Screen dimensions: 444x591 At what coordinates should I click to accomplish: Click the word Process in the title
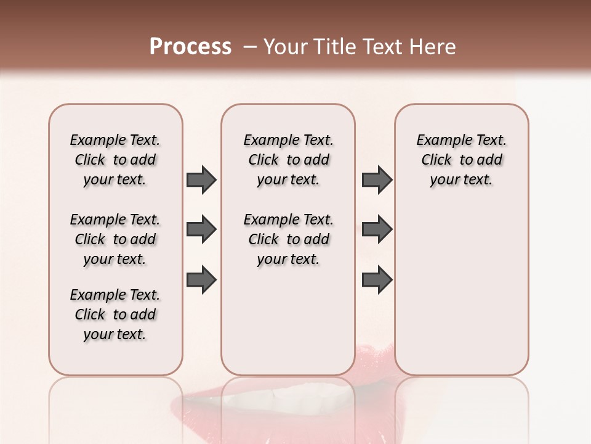tap(190, 47)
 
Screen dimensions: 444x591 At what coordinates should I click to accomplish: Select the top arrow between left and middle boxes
tap(201, 179)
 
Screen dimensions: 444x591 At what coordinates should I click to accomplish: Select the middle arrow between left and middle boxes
tap(201, 230)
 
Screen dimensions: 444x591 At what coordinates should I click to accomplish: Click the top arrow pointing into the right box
tap(377, 179)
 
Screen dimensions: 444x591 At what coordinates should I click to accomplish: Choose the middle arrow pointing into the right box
tap(377, 230)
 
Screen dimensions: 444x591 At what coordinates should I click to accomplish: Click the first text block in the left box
tap(115, 160)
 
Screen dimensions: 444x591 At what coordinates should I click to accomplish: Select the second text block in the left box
tap(115, 239)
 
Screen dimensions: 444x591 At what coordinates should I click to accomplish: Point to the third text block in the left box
tap(115, 314)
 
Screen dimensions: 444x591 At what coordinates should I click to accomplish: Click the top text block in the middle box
tap(288, 160)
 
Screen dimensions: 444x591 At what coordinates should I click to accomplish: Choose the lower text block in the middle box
tap(288, 239)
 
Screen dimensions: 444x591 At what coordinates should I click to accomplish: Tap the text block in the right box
tap(461, 160)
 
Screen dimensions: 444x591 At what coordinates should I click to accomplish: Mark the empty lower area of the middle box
tap(288, 321)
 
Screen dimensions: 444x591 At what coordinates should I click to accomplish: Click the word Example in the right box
tap(440, 141)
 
